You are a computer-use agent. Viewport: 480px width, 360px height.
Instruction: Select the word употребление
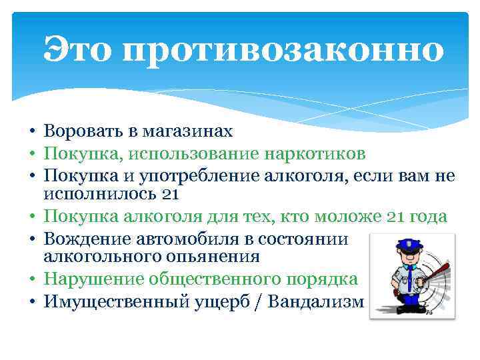(207, 176)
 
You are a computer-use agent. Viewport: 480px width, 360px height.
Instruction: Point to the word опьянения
(215, 257)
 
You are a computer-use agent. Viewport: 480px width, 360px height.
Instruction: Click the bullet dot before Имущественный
(32, 302)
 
